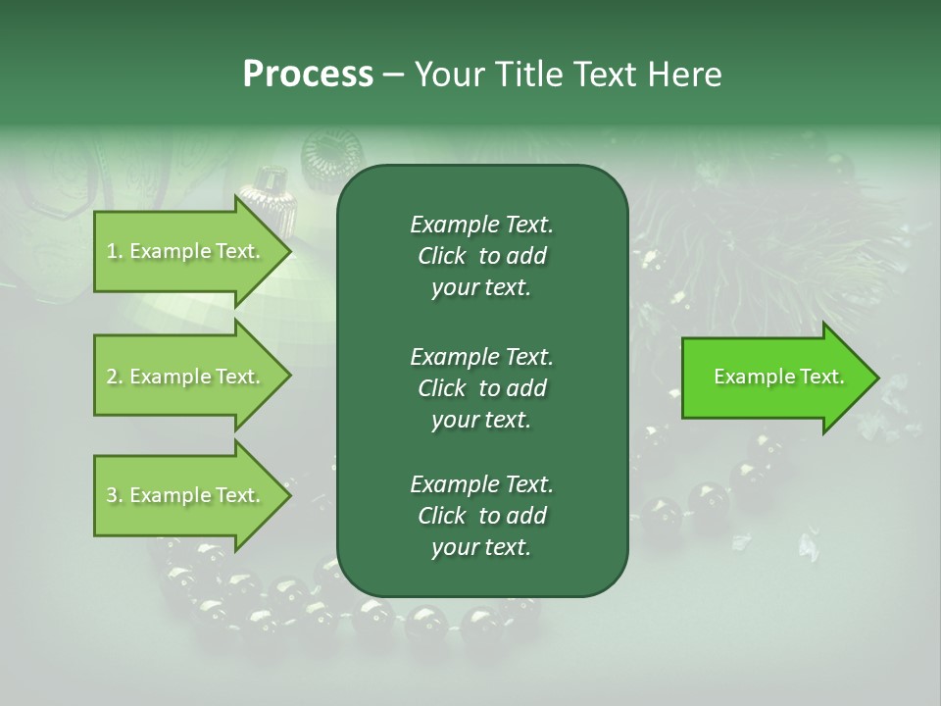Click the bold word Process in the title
pos(308,75)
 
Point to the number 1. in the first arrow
pos(115,251)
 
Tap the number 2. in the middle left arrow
pos(115,377)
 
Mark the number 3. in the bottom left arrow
pos(115,495)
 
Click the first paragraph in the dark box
pos(481,256)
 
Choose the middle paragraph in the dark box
pos(481,387)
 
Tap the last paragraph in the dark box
pos(481,516)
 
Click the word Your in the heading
pos(443,75)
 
